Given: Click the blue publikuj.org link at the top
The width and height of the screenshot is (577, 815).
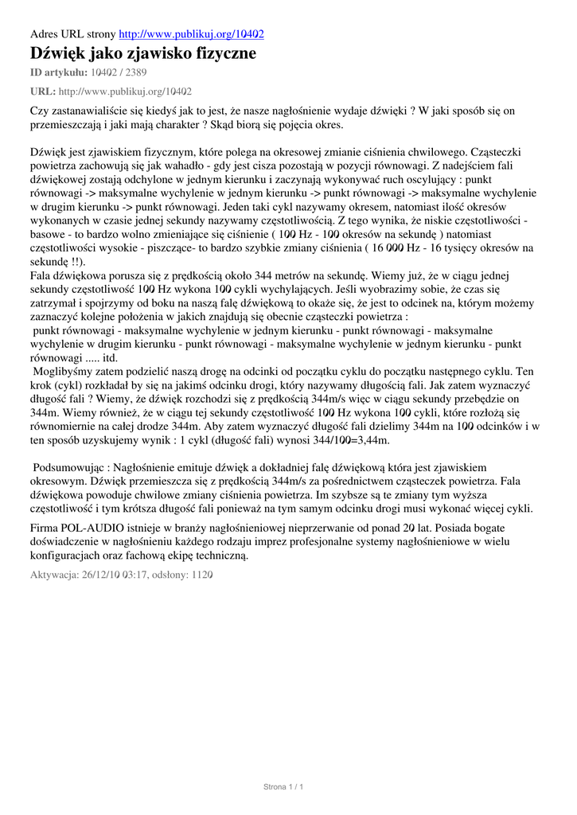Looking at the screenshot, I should tap(191, 34).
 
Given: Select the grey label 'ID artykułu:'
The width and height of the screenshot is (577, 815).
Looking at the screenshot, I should tap(58, 72).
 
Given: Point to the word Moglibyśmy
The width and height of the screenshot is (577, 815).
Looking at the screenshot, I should tap(64, 372).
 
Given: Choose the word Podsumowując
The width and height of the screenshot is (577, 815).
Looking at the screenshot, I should tap(69, 467).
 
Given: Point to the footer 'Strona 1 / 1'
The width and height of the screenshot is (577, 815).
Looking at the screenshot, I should tap(283, 787).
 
